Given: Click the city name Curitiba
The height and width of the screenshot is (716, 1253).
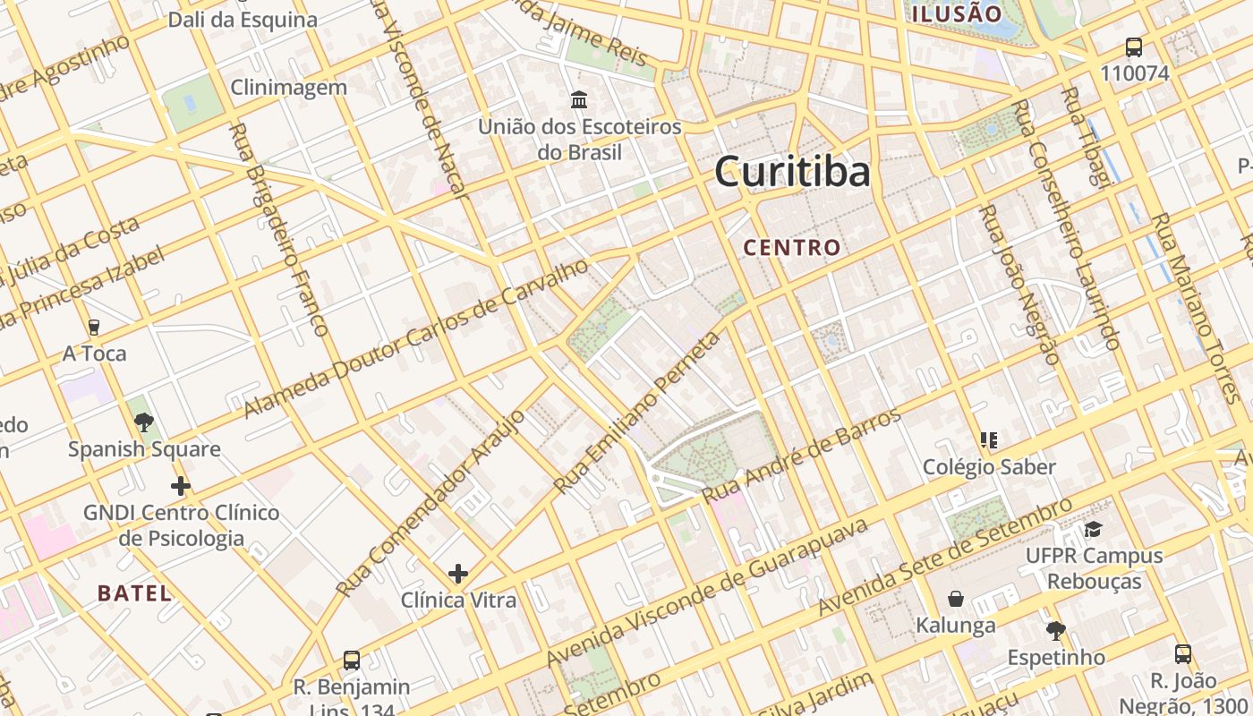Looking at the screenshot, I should tap(792, 171).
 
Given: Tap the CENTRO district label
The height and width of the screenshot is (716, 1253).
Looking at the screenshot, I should tap(792, 248).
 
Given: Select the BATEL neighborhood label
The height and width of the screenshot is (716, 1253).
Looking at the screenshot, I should tap(134, 592).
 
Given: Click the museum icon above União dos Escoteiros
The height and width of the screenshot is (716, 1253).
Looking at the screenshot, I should tap(579, 98).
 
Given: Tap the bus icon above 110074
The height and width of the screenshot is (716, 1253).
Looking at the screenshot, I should tap(1134, 47).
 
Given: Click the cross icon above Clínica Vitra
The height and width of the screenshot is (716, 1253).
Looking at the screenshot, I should tap(458, 573).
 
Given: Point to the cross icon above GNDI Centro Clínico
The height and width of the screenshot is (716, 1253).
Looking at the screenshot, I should tap(181, 486).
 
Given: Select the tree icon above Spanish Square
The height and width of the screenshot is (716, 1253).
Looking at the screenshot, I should tap(143, 422).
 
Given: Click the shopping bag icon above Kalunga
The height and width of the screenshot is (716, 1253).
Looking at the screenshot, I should tap(956, 598).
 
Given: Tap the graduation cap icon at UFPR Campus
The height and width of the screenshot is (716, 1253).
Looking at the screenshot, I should tap(1093, 529).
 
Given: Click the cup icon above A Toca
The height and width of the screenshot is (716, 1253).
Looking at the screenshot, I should tap(94, 327).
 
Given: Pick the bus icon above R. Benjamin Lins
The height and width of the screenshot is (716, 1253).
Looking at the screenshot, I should tap(352, 661).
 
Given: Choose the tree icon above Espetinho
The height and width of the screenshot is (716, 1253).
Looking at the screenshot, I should tap(1056, 630).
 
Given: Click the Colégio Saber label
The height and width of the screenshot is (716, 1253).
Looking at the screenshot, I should tap(989, 467).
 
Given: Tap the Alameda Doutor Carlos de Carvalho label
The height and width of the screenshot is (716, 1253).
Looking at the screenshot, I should tap(417, 338).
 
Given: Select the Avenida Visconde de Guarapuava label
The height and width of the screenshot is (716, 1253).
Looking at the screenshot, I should tap(707, 592).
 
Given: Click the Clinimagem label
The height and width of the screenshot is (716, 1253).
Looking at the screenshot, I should tap(288, 88).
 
